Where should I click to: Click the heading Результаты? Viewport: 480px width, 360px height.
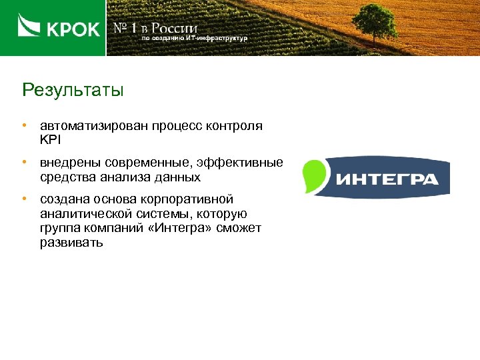(73, 90)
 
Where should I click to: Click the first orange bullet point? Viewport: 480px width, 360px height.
(24, 125)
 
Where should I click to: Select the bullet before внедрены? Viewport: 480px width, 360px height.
(24, 162)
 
